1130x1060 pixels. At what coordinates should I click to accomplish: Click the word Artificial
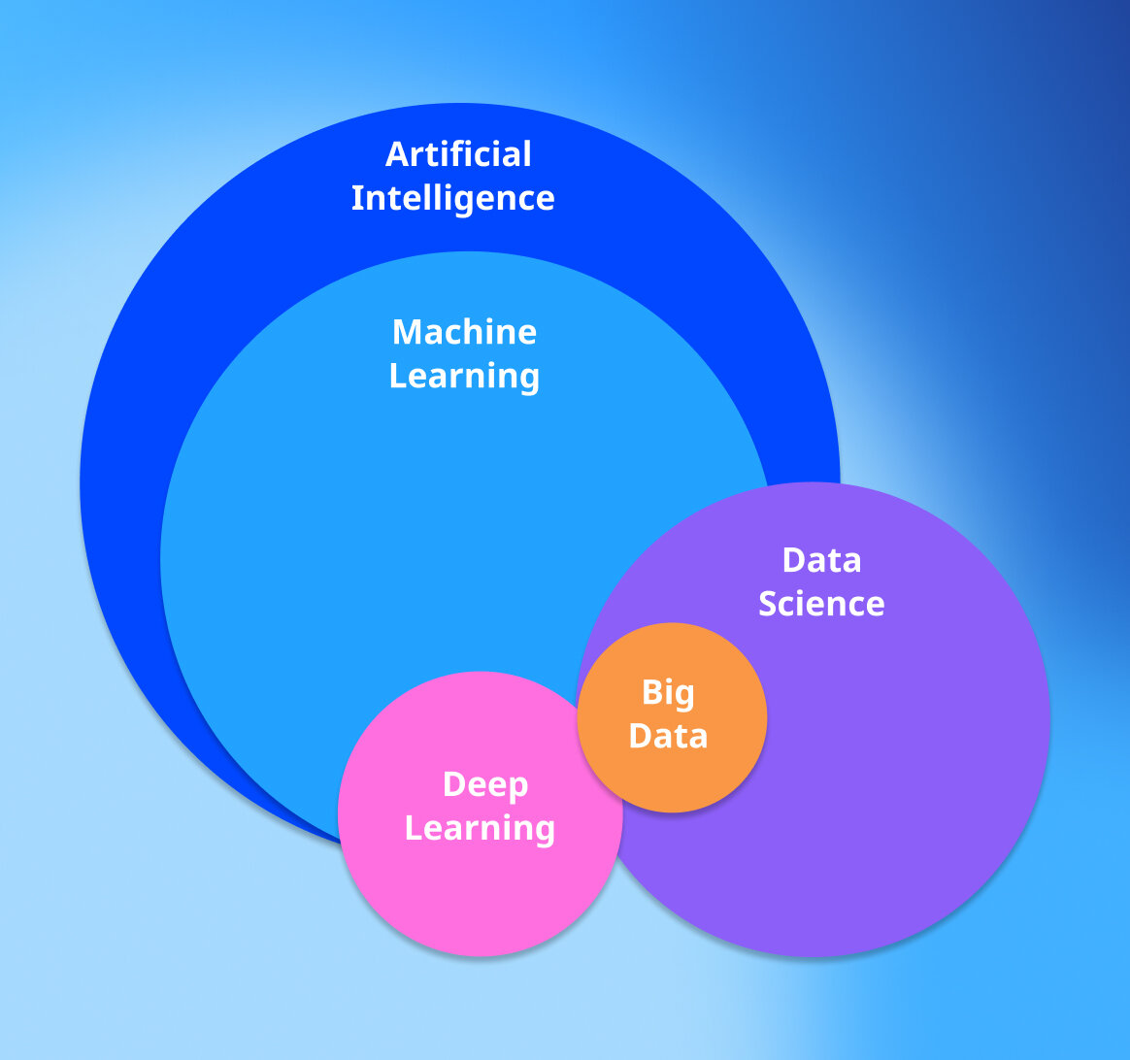click(458, 154)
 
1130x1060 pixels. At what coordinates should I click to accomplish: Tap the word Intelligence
click(452, 199)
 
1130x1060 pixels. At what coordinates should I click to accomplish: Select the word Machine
click(464, 332)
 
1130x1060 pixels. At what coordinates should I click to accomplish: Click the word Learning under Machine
click(464, 377)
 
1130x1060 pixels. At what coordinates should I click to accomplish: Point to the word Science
click(821, 604)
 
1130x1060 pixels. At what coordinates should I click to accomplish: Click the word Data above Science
click(821, 560)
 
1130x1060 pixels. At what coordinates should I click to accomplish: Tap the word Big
click(668, 693)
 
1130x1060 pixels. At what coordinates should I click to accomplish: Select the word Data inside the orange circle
click(668, 736)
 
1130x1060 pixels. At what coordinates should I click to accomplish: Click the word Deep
click(484, 784)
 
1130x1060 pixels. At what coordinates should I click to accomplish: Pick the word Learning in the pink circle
click(480, 828)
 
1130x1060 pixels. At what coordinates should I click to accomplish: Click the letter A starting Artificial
click(396, 154)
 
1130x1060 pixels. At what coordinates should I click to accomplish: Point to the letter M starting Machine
click(405, 332)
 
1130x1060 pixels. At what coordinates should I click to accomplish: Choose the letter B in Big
click(651, 693)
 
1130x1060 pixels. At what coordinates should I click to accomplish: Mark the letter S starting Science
click(769, 604)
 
